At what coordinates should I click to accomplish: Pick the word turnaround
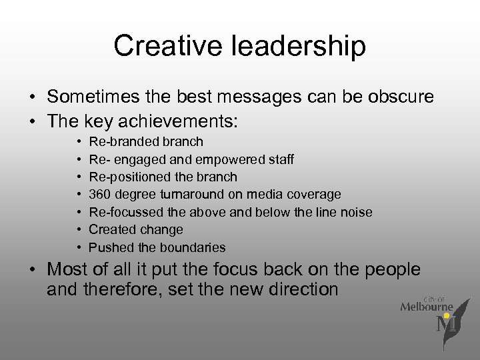click(x=207, y=194)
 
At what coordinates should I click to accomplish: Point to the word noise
click(x=357, y=212)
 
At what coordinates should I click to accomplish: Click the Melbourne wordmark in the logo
click(x=427, y=306)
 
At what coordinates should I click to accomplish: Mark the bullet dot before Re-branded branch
click(x=79, y=142)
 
